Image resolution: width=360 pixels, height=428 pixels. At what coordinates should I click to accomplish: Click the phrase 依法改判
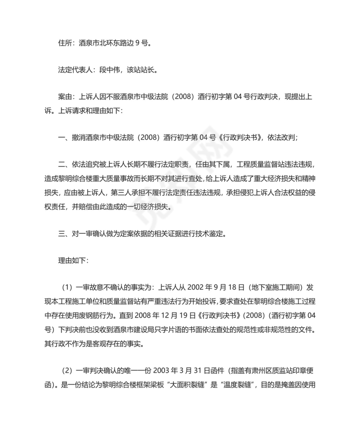pos(281,137)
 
